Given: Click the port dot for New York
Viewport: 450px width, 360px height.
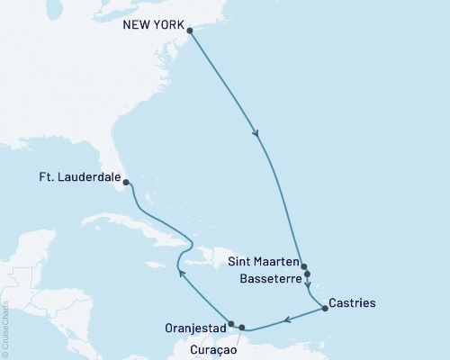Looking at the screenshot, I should pyautogui.click(x=190, y=31).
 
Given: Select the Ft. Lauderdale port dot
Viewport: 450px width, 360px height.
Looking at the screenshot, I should pyautogui.click(x=126, y=183).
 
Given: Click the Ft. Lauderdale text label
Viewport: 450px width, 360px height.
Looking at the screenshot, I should pyautogui.click(x=79, y=178).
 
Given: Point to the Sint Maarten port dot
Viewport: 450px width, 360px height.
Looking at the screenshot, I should pyautogui.click(x=305, y=266).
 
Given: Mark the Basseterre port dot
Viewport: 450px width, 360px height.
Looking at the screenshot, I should pyautogui.click(x=308, y=274).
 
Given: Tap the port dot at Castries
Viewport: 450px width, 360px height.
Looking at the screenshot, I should pyautogui.click(x=324, y=310).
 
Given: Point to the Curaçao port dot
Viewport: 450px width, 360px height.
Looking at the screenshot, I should pyautogui.click(x=242, y=328).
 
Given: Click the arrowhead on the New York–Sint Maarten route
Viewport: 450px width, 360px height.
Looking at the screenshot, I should pyautogui.click(x=258, y=135).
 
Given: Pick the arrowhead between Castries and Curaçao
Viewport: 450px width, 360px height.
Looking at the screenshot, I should pyautogui.click(x=287, y=319).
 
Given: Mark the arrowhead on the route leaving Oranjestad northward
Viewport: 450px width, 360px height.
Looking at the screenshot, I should pyautogui.click(x=178, y=272).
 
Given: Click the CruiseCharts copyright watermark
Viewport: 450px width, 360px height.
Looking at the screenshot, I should pyautogui.click(x=5, y=329).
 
